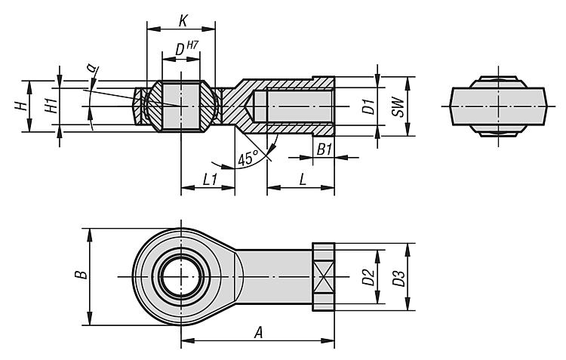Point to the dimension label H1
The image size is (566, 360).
coord(51,106)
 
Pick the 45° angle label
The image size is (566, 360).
coord(247,158)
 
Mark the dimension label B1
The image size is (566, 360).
coord(325,149)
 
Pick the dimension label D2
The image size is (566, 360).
coord(368,277)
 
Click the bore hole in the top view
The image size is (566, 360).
coord(181,277)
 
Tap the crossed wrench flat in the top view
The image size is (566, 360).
coord(323,277)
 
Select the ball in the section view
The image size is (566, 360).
coord(181,106)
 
